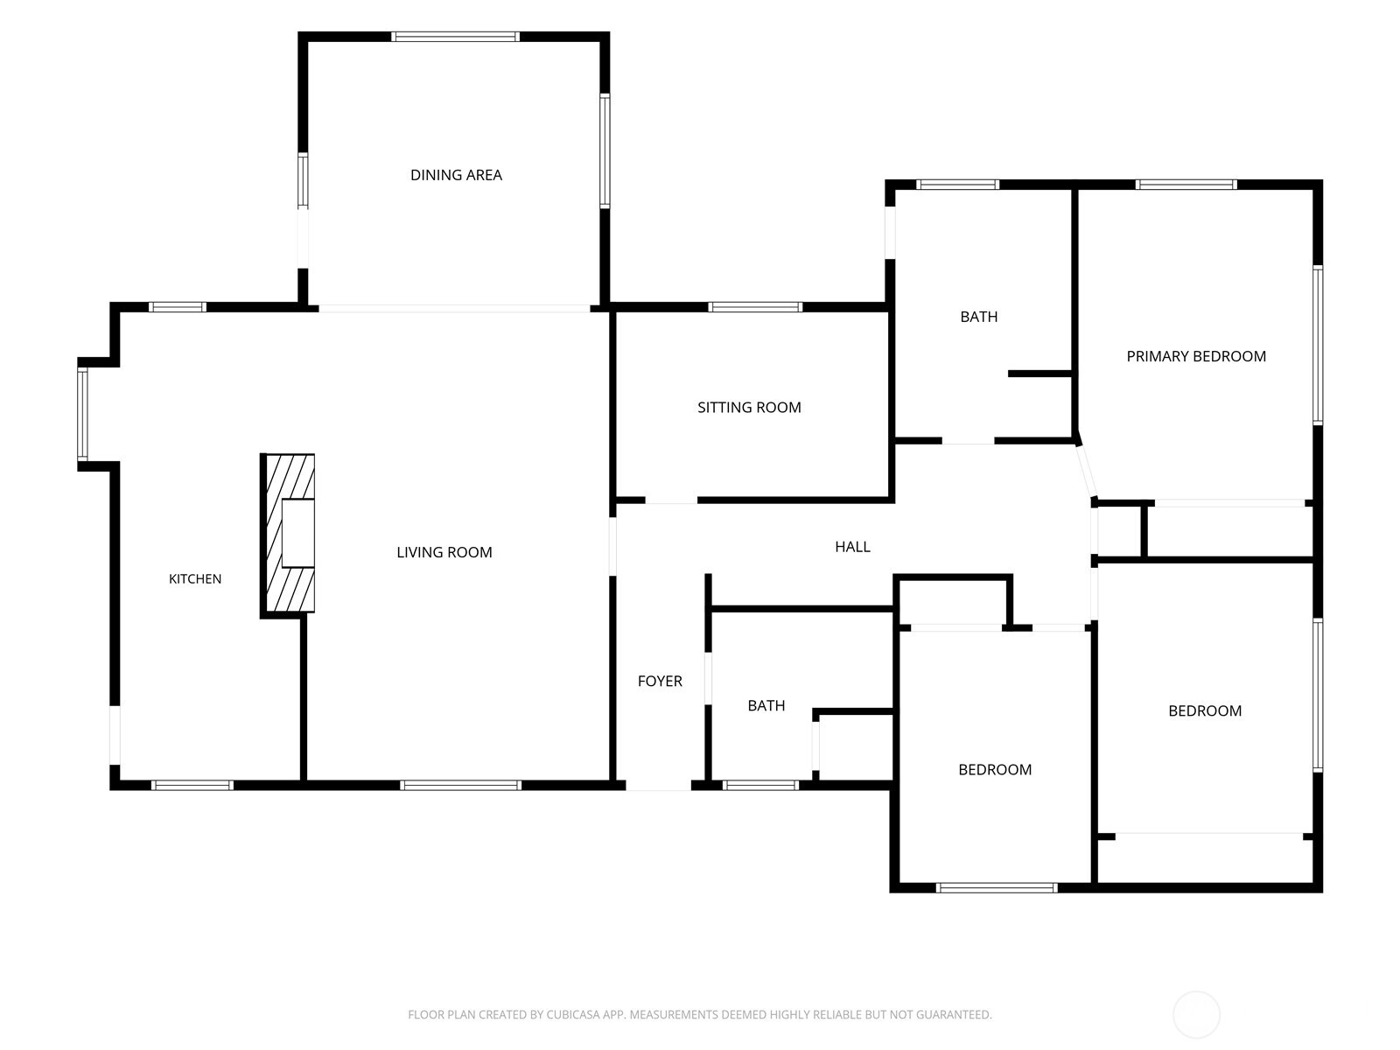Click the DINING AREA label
click(x=456, y=175)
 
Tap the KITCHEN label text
click(x=195, y=579)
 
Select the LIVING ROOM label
click(x=444, y=552)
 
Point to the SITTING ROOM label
click(x=749, y=408)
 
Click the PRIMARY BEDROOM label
click(x=1196, y=356)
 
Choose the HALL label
click(x=853, y=546)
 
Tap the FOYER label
click(x=660, y=681)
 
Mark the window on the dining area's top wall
click(x=455, y=37)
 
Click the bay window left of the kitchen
click(x=82, y=415)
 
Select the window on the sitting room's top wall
click(x=755, y=307)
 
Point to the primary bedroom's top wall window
click(x=1186, y=185)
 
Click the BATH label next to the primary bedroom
click(x=979, y=317)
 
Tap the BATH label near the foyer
click(x=766, y=706)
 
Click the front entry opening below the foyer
click(x=658, y=786)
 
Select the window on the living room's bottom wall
click(x=460, y=786)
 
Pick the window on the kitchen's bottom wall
click(x=192, y=786)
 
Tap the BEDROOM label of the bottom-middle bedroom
click(x=995, y=769)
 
